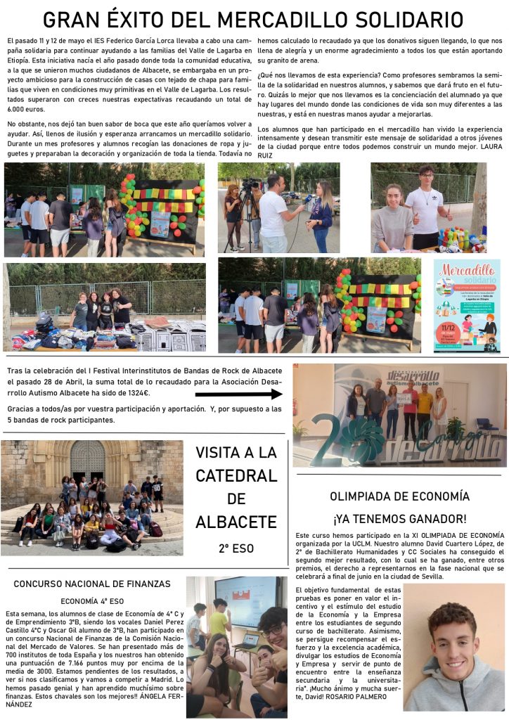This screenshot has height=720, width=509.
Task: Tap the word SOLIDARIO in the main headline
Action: (401, 20)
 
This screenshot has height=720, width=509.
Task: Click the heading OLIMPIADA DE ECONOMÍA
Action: (399, 496)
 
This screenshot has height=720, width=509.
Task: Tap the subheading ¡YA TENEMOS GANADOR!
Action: (399, 519)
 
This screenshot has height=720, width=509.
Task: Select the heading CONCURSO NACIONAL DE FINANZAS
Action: (92, 584)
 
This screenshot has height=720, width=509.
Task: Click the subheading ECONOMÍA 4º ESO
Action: (92, 601)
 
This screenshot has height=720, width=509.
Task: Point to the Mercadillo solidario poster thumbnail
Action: (467, 306)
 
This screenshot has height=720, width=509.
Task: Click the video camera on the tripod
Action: (251, 186)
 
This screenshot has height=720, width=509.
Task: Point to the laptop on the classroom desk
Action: (243, 642)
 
